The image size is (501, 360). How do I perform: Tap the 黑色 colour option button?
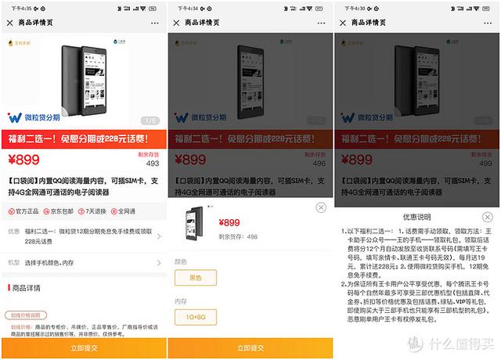(x=196, y=278)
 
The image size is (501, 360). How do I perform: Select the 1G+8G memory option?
(x=196, y=317)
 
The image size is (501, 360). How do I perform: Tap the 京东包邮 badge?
(x=59, y=211)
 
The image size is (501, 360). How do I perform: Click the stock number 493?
(x=153, y=164)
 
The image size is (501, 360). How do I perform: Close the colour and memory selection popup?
(x=320, y=207)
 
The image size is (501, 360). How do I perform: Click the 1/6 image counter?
(x=149, y=121)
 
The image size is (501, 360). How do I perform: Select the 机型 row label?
(x=13, y=262)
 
